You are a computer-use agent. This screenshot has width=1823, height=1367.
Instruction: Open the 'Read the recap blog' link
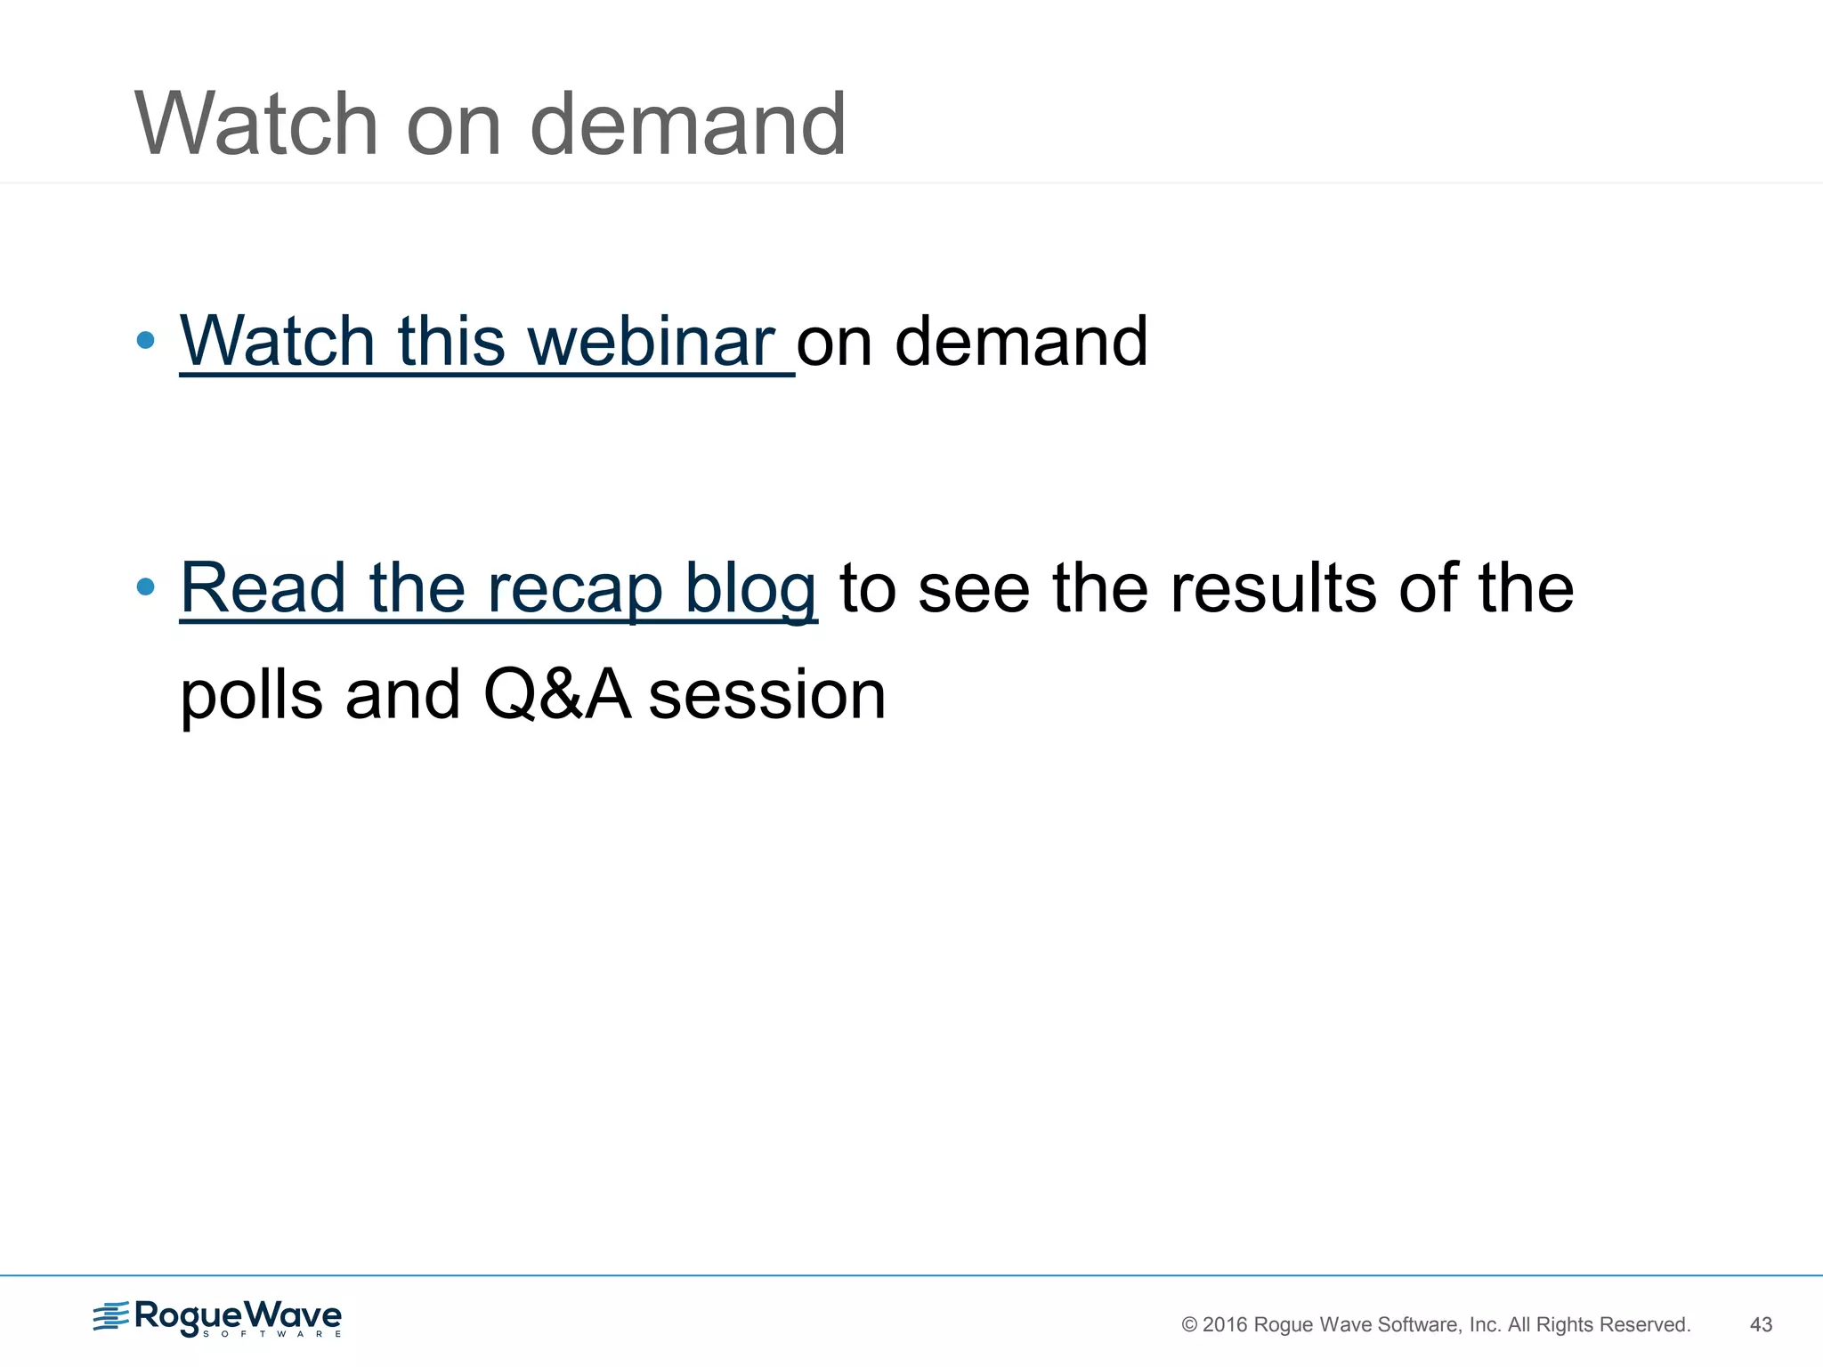pos(498,589)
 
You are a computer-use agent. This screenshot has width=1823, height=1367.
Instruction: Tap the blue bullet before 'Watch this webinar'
pos(146,340)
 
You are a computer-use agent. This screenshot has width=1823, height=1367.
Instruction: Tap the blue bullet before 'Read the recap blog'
pos(146,587)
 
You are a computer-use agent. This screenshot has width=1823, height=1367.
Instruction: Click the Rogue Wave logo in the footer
pos(218,1318)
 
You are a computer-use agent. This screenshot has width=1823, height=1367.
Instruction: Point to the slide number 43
pos(1761,1324)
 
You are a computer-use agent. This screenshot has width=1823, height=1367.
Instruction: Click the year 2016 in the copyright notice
pos(1225,1324)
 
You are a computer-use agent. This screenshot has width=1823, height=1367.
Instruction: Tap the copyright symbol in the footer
pos(1189,1324)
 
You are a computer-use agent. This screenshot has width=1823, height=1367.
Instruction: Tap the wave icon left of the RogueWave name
pos(110,1315)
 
